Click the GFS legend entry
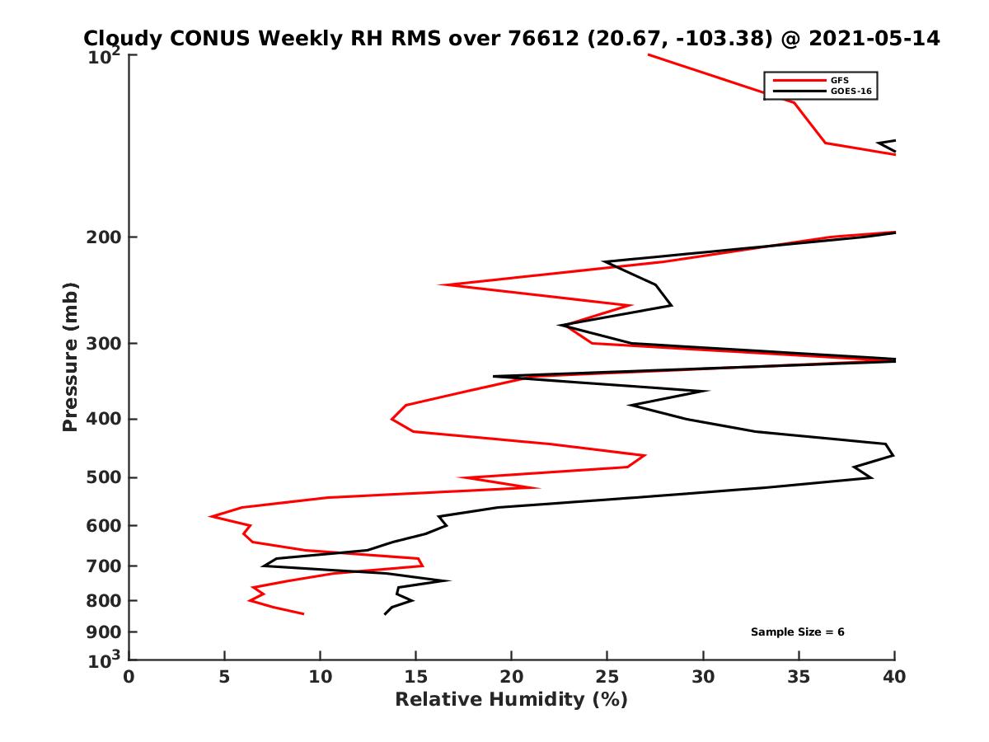[x=841, y=81]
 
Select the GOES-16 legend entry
[x=850, y=92]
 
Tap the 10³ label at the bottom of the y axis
[x=105, y=661]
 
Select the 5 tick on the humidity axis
[x=225, y=677]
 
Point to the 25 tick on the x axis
[x=607, y=677]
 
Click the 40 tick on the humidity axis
[x=895, y=677]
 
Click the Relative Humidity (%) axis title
[x=511, y=700]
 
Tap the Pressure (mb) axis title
[x=70, y=356]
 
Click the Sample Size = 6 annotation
[x=797, y=632]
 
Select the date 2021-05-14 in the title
[x=875, y=39]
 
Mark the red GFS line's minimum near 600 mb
[x=212, y=516]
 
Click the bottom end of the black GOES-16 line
[x=385, y=614]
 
